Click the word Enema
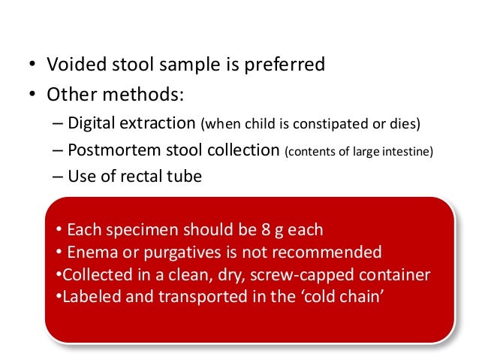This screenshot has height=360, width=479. (87, 251)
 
